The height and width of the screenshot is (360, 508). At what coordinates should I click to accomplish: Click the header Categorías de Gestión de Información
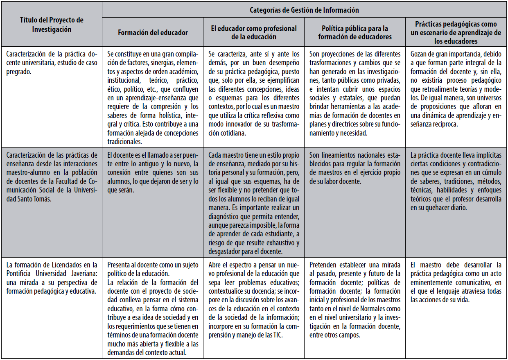[304, 10]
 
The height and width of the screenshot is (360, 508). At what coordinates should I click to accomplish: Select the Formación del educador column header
[153, 33]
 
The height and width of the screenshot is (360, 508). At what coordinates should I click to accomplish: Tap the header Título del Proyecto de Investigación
[52, 25]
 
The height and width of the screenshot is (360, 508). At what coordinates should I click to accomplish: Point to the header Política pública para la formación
[355, 33]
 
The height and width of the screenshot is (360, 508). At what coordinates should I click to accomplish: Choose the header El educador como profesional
[254, 33]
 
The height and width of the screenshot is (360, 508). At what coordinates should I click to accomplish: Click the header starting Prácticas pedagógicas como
[456, 33]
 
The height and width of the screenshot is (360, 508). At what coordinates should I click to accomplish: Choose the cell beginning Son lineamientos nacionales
[355, 168]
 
